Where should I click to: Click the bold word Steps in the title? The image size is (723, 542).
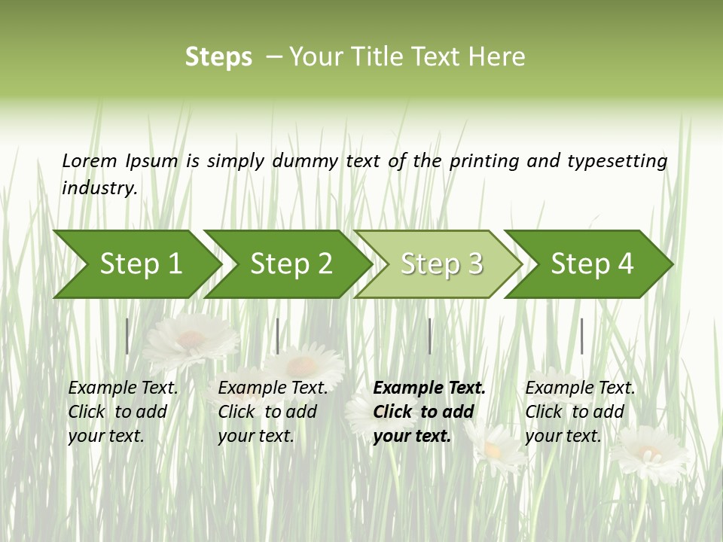218,57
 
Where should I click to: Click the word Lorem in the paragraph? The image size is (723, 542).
90,160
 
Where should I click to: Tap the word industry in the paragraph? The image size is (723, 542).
99,188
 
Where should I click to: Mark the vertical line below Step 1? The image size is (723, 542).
127,336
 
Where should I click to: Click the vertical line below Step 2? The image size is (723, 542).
278,336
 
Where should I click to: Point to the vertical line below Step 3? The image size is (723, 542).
430,336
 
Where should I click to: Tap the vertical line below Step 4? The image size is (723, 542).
581,336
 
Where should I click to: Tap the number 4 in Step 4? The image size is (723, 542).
625,264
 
